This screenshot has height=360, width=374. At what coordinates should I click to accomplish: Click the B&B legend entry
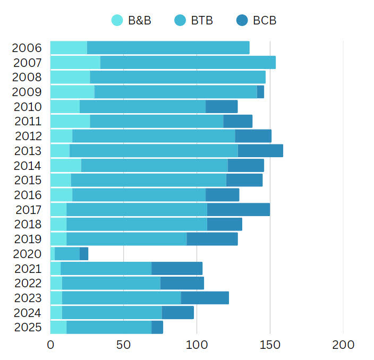(x=132, y=21)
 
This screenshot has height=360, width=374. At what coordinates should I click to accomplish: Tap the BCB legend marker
(x=242, y=21)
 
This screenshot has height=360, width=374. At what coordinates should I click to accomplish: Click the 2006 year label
(x=27, y=48)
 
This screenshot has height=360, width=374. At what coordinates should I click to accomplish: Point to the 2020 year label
(x=27, y=254)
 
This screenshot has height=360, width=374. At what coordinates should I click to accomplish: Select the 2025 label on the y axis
(x=27, y=327)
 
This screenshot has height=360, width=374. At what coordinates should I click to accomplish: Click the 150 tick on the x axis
(x=270, y=344)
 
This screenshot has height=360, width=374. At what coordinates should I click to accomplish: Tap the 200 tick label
(x=343, y=344)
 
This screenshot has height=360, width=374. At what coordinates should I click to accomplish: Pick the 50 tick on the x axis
(x=123, y=344)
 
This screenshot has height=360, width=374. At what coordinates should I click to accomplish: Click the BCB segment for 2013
(x=260, y=151)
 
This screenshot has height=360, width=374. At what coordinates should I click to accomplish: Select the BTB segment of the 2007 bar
(x=188, y=63)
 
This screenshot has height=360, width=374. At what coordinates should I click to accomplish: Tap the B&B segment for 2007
(x=75, y=63)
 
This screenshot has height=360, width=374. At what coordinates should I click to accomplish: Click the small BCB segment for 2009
(x=260, y=92)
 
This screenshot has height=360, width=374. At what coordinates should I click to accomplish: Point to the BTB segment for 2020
(x=67, y=254)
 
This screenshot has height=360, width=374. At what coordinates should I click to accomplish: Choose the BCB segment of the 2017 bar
(x=238, y=210)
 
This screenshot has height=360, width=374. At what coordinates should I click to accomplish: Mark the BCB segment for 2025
(x=157, y=327)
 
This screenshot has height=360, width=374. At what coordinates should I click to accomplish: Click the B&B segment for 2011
(x=70, y=121)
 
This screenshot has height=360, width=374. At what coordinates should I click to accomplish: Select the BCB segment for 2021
(x=177, y=269)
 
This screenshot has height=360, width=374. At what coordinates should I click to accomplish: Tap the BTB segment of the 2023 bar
(x=121, y=298)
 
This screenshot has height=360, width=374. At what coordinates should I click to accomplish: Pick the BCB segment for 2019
(x=212, y=239)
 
